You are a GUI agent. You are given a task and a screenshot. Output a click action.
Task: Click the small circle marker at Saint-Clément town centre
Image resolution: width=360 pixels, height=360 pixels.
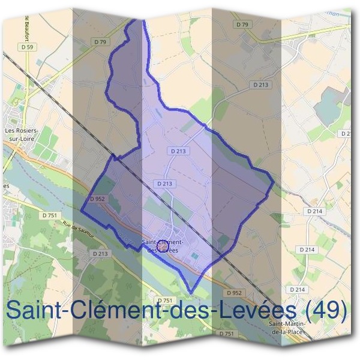(162, 245)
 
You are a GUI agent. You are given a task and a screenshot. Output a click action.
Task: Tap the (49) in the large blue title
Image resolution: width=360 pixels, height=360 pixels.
(326, 310)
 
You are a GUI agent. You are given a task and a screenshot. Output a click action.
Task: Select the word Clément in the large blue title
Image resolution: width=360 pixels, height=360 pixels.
(119, 310)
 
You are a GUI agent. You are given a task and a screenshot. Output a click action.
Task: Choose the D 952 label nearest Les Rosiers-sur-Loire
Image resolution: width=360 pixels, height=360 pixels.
(97, 199)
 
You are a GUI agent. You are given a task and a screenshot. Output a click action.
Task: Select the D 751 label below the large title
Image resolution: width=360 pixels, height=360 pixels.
(226, 334)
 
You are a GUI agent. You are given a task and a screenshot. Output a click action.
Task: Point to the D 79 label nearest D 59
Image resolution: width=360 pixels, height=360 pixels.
(100, 41)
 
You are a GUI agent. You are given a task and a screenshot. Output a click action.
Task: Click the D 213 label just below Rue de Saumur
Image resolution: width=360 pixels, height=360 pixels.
(100, 254)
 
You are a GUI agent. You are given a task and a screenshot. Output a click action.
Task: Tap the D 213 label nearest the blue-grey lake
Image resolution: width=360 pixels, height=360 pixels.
(261, 85)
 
